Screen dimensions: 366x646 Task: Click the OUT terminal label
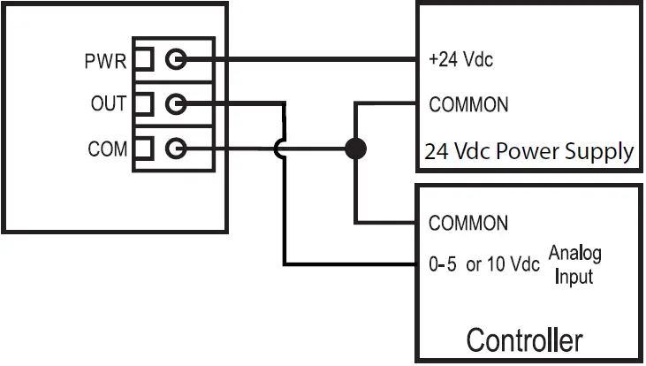coord(108,104)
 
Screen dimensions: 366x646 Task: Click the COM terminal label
coord(107,149)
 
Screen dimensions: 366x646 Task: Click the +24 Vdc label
coord(460,61)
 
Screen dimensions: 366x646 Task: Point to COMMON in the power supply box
coord(468,104)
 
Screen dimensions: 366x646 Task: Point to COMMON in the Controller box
coord(468,222)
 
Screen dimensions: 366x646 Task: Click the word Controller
coord(524,340)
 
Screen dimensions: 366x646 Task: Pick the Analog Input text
coord(574,265)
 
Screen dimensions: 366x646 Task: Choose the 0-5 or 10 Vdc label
coord(483,264)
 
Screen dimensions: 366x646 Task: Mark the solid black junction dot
coord(355,148)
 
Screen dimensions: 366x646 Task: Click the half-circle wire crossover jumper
coord(278,148)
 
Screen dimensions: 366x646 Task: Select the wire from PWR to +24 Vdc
coord(300,60)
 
